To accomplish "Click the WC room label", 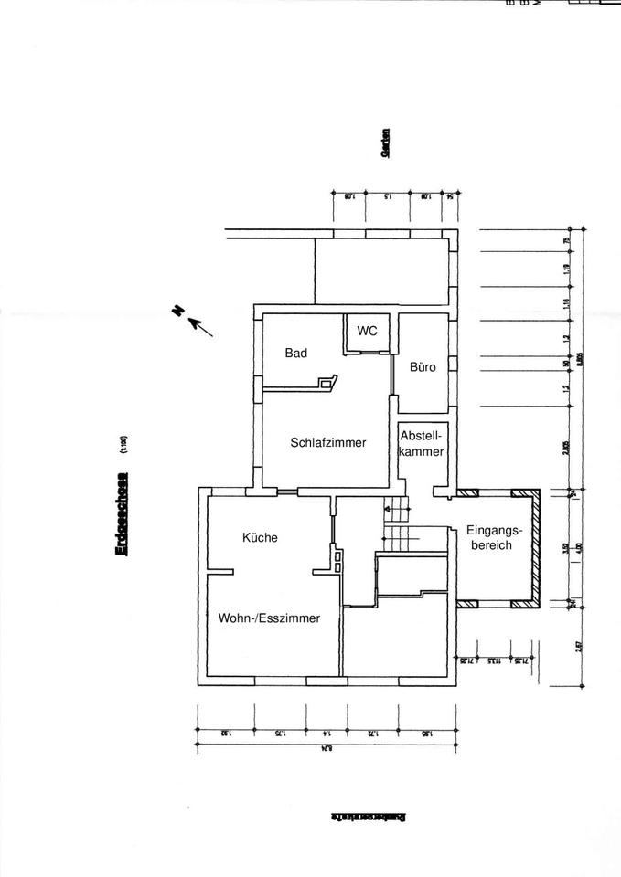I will [x=367, y=331].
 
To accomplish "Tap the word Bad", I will [x=295, y=354].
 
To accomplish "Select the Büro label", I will [x=423, y=367].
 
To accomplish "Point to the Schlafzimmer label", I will [x=327, y=443].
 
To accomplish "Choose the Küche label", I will [x=260, y=538].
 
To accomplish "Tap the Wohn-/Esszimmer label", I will [x=269, y=618].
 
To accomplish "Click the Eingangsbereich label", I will [x=494, y=537].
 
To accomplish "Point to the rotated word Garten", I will [x=386, y=143].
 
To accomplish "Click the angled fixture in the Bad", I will [x=327, y=383].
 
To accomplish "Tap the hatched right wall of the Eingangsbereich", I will [x=536, y=548].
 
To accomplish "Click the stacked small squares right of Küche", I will [x=338, y=560].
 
